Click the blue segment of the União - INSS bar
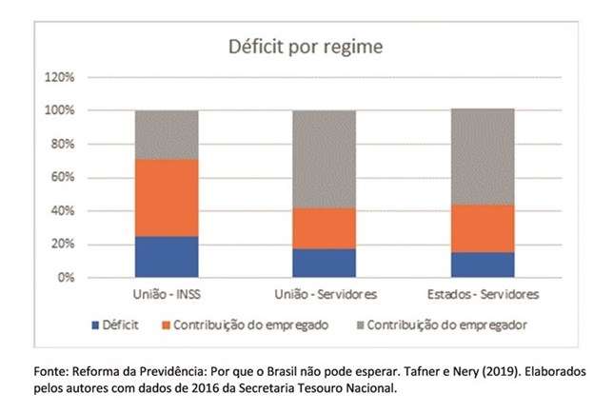pos(167,257)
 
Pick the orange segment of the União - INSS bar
pos(167,197)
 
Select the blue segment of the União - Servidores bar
pos(325,263)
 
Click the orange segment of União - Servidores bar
pos(325,228)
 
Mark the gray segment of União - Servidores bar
pos(325,159)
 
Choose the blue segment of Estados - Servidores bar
pos(483,265)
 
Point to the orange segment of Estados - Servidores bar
pos(483,228)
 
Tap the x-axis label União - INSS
pos(167,296)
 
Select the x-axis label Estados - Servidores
pos(483,296)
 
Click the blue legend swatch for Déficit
pos(96,325)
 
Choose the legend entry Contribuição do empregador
pos(446,325)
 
